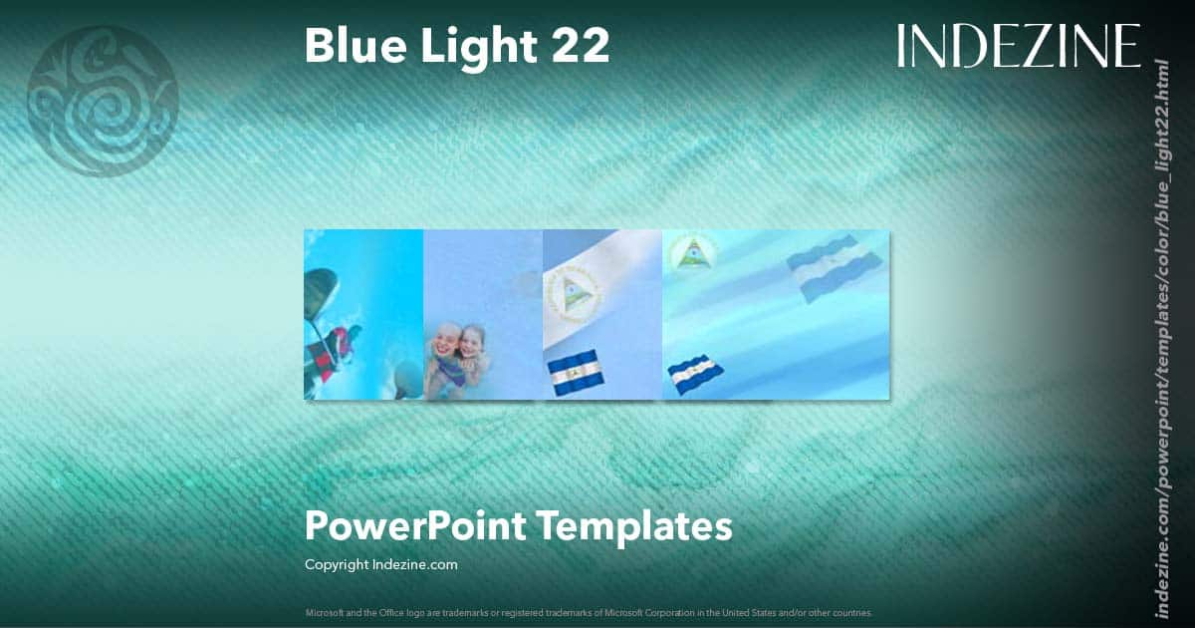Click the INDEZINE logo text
coord(1018,46)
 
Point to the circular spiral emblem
coord(103,101)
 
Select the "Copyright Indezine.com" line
coord(380,564)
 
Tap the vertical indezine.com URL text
coord(1160,337)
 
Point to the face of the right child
coord(473,343)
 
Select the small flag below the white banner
coord(576,372)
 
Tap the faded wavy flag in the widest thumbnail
coord(835,269)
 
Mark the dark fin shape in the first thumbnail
coord(320,291)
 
